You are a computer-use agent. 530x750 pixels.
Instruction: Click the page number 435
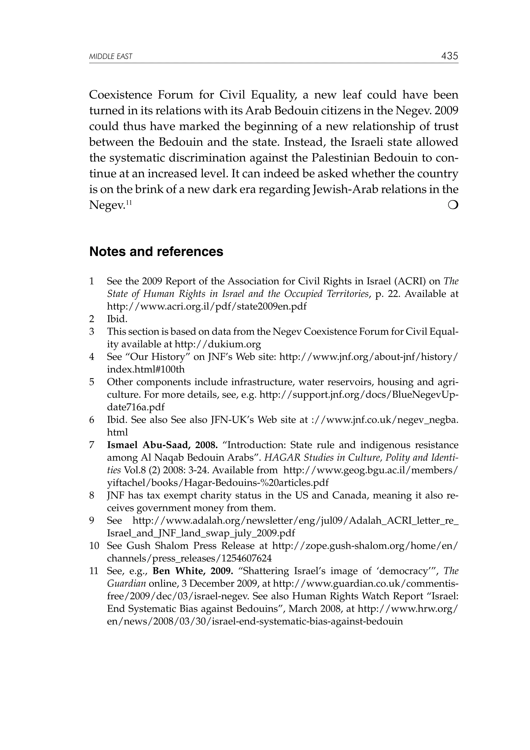(x=449, y=56)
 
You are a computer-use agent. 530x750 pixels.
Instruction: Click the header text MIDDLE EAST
(x=111, y=56)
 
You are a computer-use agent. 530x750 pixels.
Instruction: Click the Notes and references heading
(x=156, y=252)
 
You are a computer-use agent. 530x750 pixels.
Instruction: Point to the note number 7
(x=92, y=445)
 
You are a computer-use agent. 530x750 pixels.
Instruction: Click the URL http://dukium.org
(x=218, y=344)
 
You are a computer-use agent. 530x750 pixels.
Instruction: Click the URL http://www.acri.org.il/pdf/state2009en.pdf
(x=207, y=307)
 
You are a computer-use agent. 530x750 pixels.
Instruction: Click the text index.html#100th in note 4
(x=146, y=369)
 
